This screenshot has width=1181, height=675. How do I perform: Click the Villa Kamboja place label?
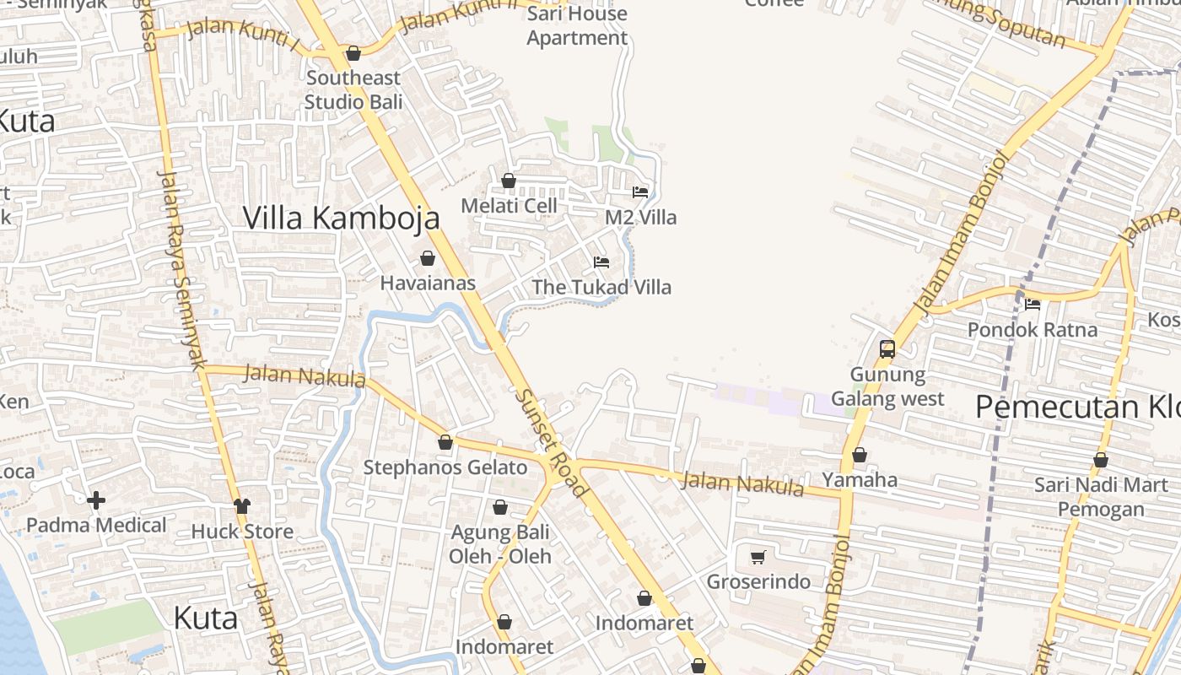point(341,218)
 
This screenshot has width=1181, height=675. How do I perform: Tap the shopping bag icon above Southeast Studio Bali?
point(353,54)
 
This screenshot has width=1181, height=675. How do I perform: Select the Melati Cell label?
point(509,206)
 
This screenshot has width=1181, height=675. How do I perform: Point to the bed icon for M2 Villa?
point(640,192)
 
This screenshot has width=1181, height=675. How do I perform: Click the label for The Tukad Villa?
point(601,287)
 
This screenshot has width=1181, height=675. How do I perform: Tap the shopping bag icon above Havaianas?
point(428,258)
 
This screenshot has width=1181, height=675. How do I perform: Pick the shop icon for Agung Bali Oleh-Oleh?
point(500,507)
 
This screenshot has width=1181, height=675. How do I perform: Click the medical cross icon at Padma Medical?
point(96,500)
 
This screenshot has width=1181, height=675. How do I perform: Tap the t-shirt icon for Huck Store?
point(242,505)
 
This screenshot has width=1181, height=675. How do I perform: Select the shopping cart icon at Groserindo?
point(758,557)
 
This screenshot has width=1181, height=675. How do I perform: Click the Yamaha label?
point(860,480)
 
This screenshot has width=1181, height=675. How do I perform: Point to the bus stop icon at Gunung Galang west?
point(887,348)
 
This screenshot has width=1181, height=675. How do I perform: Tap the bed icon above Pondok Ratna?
point(1033,305)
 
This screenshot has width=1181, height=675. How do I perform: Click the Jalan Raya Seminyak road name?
point(182,270)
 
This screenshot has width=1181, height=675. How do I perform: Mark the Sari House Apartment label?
point(577,25)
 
